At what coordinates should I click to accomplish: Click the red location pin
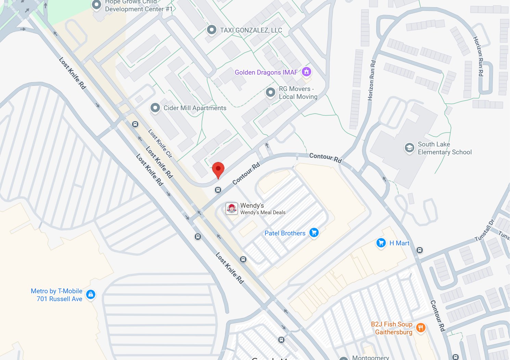(x=218, y=169)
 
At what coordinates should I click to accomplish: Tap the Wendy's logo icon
(x=232, y=208)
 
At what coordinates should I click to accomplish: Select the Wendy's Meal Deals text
(x=263, y=213)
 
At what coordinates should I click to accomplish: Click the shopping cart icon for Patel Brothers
(x=314, y=233)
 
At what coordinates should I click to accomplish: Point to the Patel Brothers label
(x=285, y=233)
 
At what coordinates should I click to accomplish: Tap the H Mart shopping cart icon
(x=381, y=243)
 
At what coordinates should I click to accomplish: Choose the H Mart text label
(x=399, y=243)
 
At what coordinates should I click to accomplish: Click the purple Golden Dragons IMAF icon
(x=306, y=72)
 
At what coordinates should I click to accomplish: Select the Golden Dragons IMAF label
(x=266, y=73)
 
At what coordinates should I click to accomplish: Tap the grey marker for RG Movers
(x=271, y=92)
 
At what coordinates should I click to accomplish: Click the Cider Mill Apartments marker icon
(x=155, y=108)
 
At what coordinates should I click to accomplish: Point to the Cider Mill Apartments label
(x=195, y=108)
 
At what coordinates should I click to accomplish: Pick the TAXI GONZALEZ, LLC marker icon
(x=212, y=30)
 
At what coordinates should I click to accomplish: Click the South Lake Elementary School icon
(x=409, y=148)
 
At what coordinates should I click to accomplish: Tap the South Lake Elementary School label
(x=444, y=148)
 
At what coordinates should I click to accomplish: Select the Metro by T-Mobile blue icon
(x=91, y=294)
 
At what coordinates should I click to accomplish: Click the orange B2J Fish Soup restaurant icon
(x=421, y=328)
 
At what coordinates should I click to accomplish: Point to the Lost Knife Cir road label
(x=160, y=143)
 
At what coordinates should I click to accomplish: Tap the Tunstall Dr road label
(x=484, y=231)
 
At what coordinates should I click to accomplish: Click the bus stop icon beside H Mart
(x=420, y=250)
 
